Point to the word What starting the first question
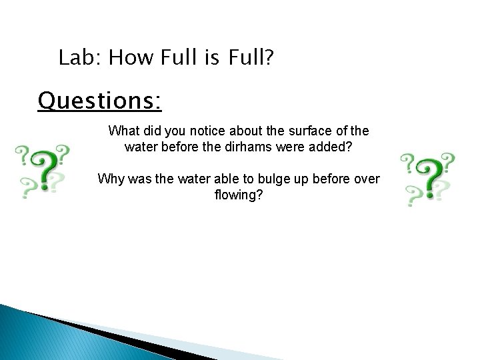[x=124, y=130]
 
